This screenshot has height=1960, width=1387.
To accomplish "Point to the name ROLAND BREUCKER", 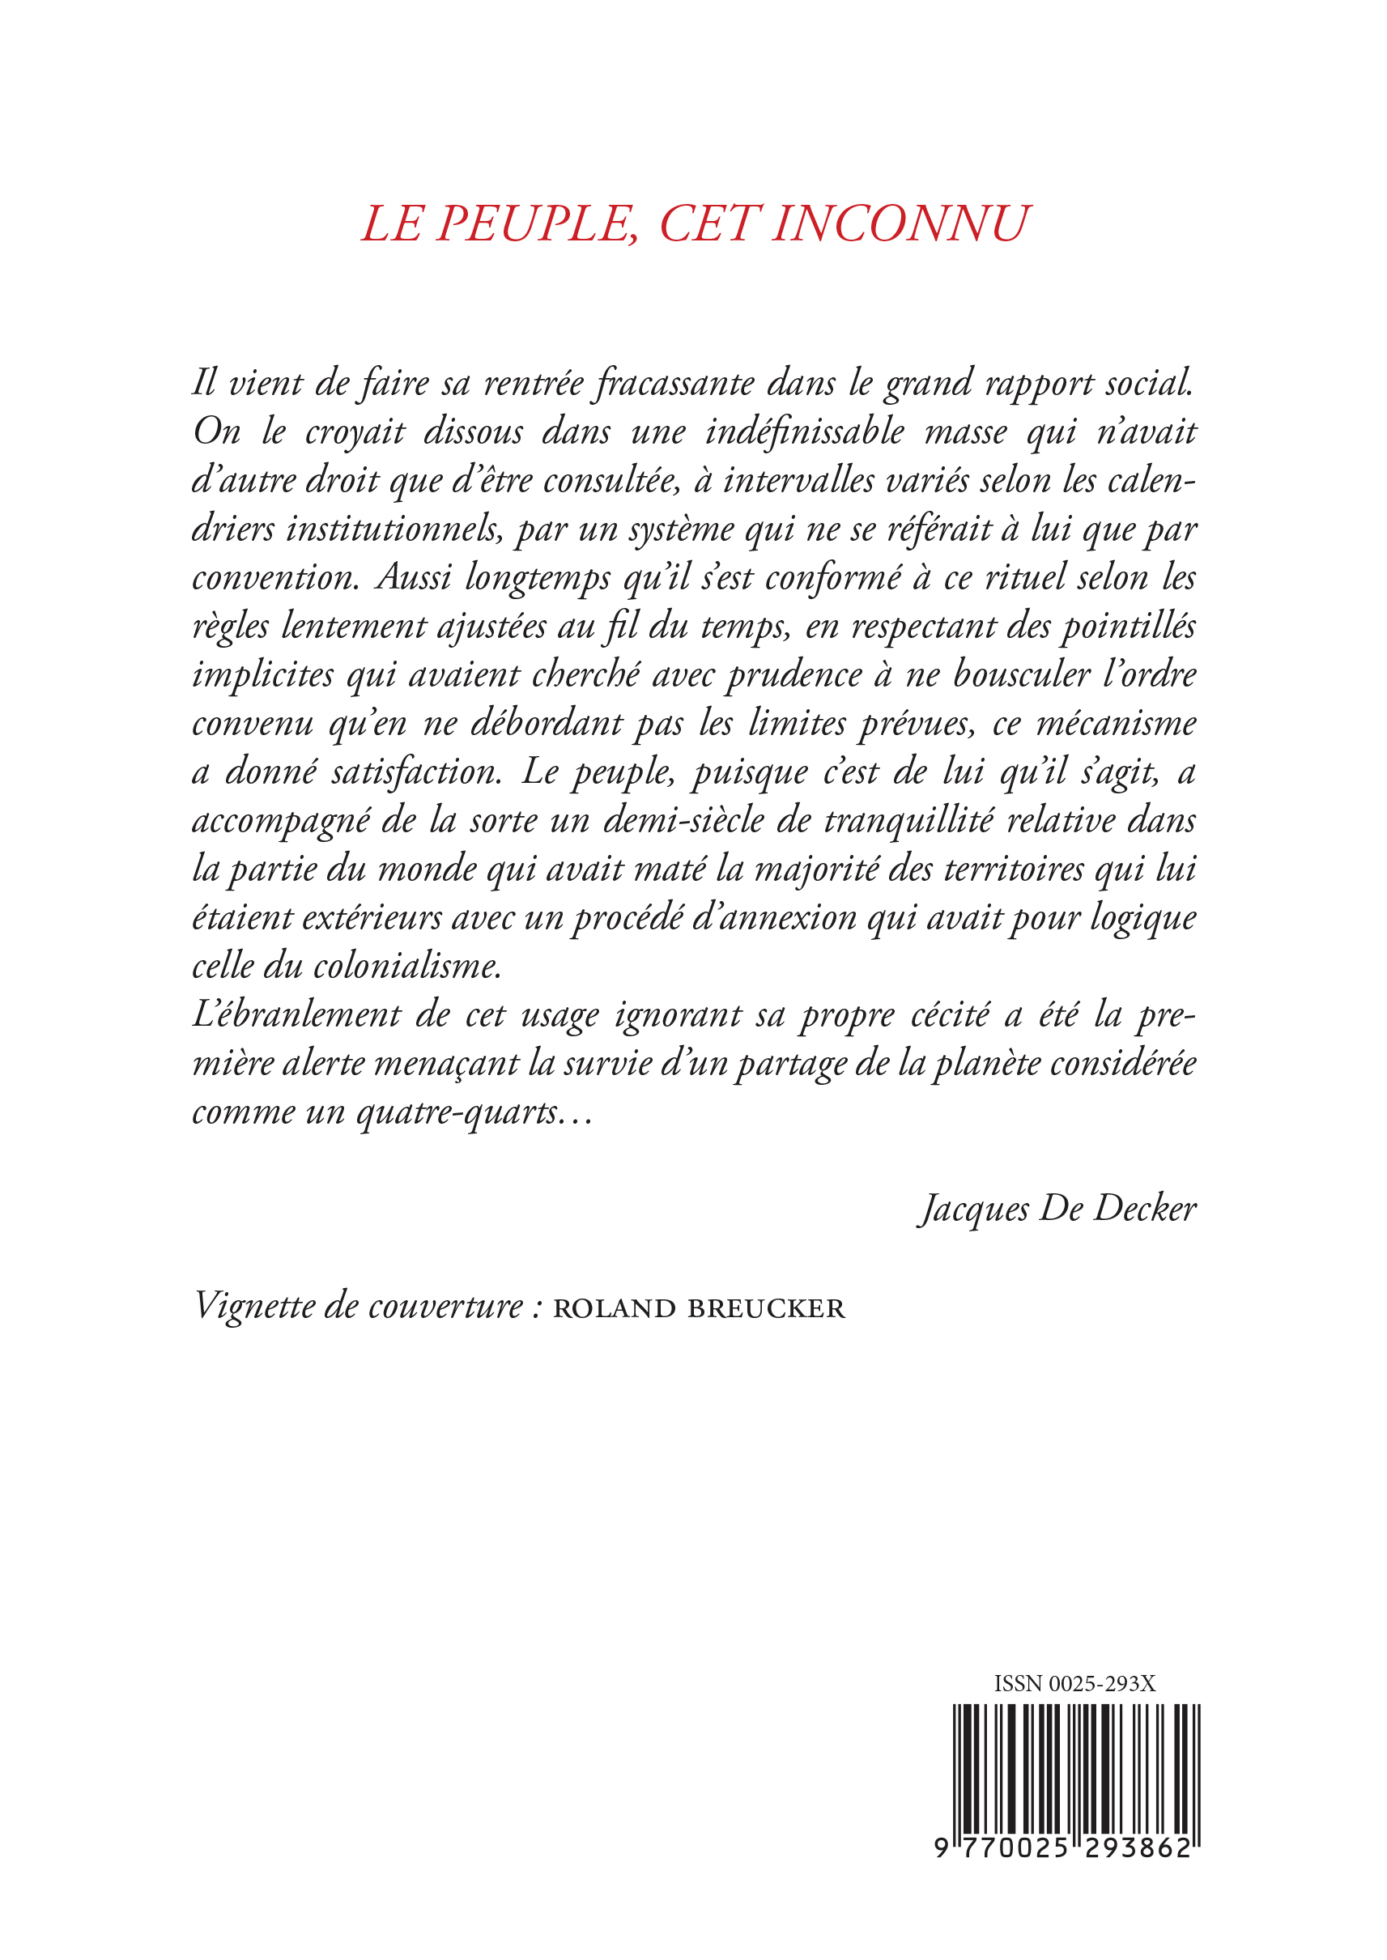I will (699, 1308).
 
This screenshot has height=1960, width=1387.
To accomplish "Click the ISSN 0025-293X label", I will (1074, 1683).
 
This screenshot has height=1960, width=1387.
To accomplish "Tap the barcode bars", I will (1076, 1767).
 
